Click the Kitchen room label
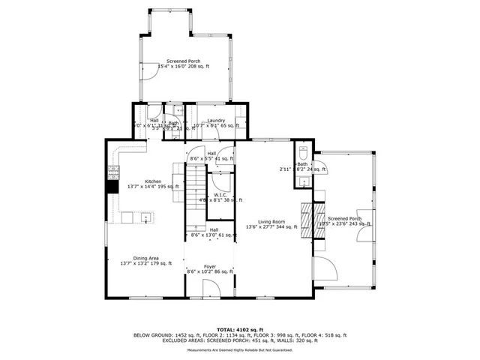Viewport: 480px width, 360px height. (153, 181)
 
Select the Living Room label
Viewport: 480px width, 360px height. (271, 221)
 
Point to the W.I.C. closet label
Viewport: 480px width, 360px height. (220, 195)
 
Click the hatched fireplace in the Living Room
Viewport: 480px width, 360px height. (306, 219)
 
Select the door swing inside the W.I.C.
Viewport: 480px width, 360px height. (220, 180)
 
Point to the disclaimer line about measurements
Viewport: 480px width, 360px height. (239, 350)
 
